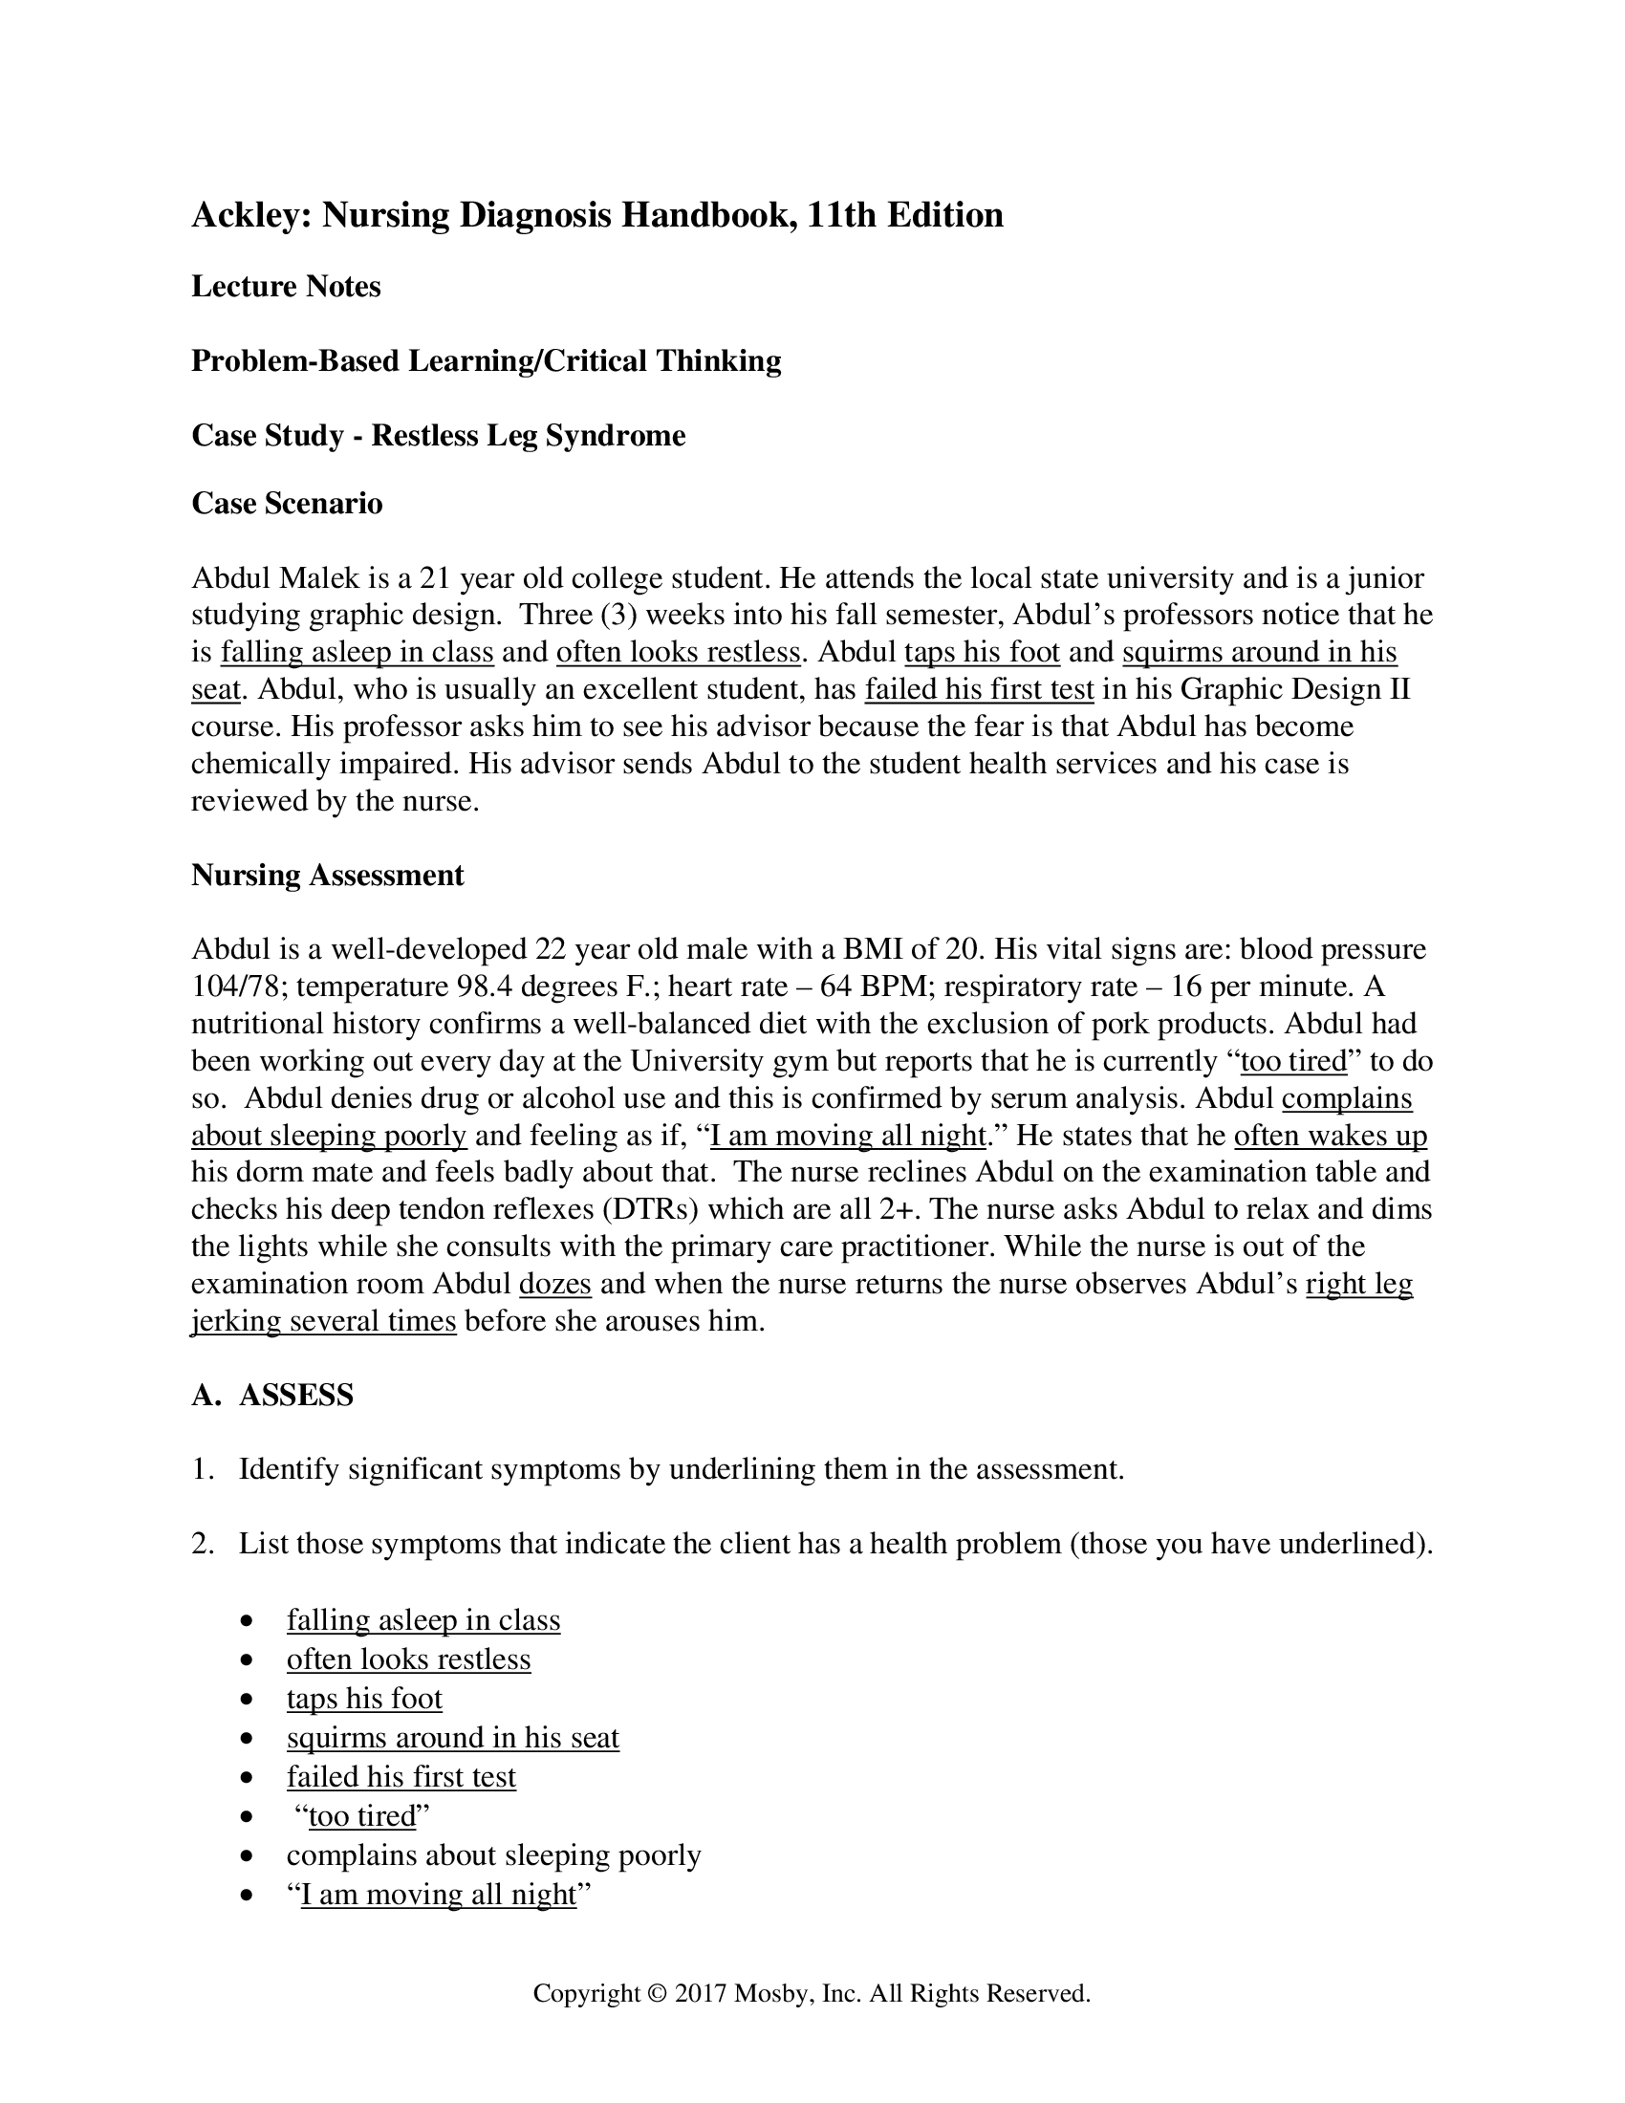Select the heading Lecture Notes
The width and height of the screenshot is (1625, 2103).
(x=286, y=287)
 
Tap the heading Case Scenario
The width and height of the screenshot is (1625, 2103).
(x=287, y=504)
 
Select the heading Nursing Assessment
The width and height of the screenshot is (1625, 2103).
(x=327, y=876)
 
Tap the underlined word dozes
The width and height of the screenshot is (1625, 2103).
(x=554, y=1285)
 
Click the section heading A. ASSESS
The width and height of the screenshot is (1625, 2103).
(x=272, y=1396)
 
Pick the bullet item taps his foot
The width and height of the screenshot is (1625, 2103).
(x=364, y=1700)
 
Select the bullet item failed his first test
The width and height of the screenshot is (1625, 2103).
(x=401, y=1778)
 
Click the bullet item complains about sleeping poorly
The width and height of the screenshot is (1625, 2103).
(x=493, y=1855)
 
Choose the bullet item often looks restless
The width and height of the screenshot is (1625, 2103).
(x=408, y=1660)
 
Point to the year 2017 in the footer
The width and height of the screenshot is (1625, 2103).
(x=701, y=1993)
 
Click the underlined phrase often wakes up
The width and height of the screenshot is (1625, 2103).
(x=1331, y=1137)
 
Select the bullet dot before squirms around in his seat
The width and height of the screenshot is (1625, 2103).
(x=249, y=1739)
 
